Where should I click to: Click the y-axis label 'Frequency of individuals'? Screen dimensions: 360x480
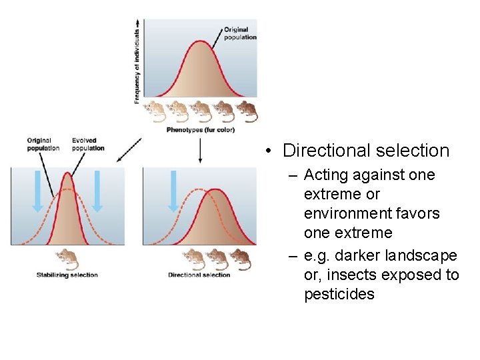pyautogui.click(x=137, y=65)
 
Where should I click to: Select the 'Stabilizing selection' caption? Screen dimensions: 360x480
pyautogui.click(x=67, y=275)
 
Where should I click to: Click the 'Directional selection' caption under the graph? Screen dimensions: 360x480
pyautogui.click(x=199, y=275)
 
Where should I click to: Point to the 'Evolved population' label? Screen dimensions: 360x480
pyautogui.click(x=88, y=145)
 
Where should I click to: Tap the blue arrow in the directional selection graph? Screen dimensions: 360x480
pyautogui.click(x=174, y=191)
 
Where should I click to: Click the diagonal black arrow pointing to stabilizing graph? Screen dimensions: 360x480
pyautogui.click(x=128, y=151)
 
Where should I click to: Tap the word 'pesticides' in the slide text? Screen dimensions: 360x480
pyautogui.click(x=339, y=295)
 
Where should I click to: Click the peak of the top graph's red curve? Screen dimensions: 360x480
pyautogui.click(x=201, y=41)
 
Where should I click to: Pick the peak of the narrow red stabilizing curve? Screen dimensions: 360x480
pyautogui.click(x=67, y=173)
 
